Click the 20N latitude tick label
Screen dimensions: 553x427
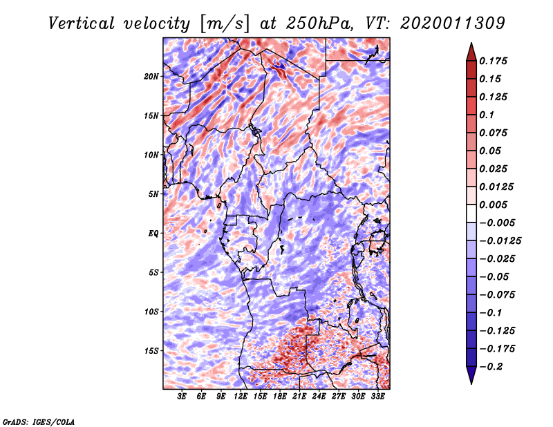click(x=151, y=77)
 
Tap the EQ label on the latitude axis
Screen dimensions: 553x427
click(x=153, y=234)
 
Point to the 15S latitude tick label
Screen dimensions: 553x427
click(x=151, y=351)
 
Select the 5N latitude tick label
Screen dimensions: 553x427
click(x=153, y=194)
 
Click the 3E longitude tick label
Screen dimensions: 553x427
click(x=182, y=397)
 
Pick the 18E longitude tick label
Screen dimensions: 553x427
click(x=280, y=397)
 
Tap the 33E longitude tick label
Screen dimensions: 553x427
click(x=377, y=397)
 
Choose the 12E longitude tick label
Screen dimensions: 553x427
click(x=241, y=397)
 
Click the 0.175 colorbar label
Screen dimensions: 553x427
click(x=493, y=61)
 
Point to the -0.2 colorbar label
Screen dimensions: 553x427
click(x=491, y=367)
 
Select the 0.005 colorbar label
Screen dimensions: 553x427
click(x=493, y=205)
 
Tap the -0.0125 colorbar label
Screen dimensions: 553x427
click(x=500, y=241)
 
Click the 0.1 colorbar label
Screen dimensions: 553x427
click(x=487, y=115)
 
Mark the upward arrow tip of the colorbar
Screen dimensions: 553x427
click(x=471, y=43)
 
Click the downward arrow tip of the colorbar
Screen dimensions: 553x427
click(x=471, y=384)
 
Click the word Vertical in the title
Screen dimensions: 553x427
click(x=81, y=23)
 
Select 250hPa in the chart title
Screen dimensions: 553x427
click(x=319, y=23)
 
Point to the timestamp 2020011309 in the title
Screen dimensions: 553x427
click(x=453, y=23)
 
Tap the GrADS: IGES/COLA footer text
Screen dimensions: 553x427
click(x=39, y=421)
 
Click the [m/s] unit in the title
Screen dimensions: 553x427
click(x=225, y=24)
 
